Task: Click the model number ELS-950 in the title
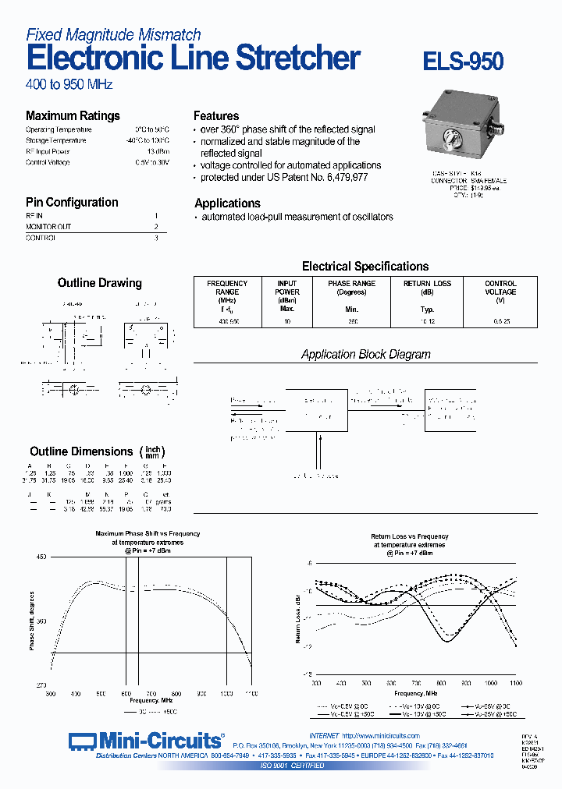463,62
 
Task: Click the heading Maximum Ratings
73,115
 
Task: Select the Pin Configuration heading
72,202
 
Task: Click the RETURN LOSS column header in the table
427,288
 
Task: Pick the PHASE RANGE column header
351,288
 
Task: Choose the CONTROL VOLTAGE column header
500,288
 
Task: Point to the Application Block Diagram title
365,354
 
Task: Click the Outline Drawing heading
100,283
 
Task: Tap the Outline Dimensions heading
81,451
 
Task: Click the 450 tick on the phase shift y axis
41,557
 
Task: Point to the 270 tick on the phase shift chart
41,685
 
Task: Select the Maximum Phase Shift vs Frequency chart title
148,538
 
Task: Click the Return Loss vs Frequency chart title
409,540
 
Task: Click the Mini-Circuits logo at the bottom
146,741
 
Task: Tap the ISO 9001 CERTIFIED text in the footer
292,766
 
